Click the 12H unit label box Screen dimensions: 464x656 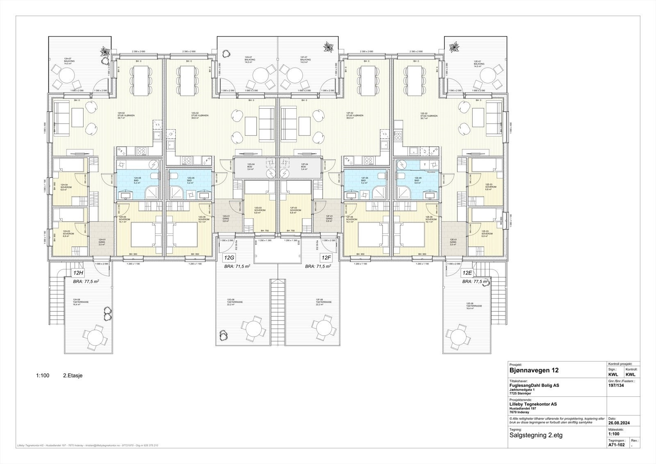pos(78,273)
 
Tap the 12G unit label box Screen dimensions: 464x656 pos(229,258)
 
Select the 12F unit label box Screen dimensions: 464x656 pos(326,258)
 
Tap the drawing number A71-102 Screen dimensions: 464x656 pos(617,444)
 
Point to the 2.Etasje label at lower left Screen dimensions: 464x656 pos(73,375)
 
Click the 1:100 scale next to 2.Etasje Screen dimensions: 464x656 pos(43,375)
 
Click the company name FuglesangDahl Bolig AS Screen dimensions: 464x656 pos(534,386)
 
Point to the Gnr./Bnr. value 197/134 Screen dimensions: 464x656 pos(617,385)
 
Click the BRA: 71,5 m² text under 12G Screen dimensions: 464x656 pos(237,266)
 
